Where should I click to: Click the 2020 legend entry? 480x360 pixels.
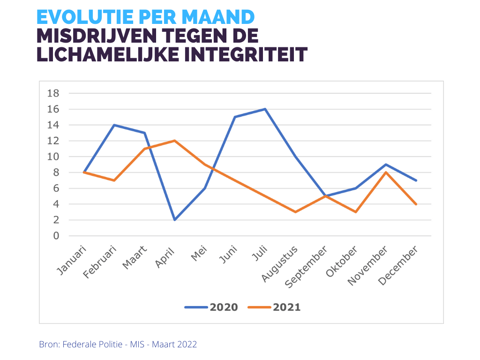[211, 307]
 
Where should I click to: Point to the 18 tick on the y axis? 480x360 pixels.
[53, 93]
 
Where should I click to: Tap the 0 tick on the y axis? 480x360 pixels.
[56, 236]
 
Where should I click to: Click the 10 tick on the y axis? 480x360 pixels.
[53, 157]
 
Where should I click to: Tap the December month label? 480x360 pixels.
[398, 265]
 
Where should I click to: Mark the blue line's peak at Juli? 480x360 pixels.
[265, 109]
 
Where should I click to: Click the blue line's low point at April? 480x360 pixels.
[174, 220]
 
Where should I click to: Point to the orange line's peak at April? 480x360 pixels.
[174, 141]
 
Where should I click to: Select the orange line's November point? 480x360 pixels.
[386, 172]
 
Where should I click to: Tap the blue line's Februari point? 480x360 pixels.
[114, 125]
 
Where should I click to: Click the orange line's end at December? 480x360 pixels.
[416, 204]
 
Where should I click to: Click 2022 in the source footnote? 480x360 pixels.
[188, 345]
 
